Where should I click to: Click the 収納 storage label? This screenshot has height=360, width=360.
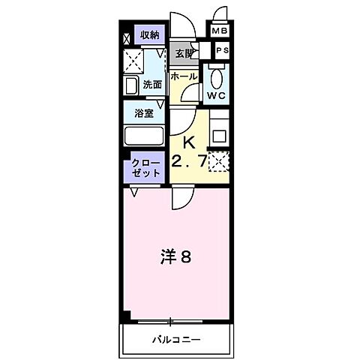point(149,35)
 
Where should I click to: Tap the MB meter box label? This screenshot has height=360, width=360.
point(220,31)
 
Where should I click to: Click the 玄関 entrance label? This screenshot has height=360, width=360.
point(184,53)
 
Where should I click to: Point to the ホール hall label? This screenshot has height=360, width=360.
point(184,76)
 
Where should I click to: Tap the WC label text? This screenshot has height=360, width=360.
point(217,96)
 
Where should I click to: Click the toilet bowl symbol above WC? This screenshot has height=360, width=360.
point(216,78)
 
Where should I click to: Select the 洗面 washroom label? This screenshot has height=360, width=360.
point(152,85)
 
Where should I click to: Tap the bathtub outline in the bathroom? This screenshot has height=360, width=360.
point(144,138)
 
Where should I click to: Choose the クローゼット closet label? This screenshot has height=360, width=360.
point(145,167)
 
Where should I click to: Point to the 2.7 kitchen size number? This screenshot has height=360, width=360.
point(188,160)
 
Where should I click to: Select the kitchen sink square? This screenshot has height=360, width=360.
point(219,136)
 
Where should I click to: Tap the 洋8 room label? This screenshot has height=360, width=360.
point(177,257)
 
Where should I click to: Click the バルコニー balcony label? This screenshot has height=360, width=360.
point(173,339)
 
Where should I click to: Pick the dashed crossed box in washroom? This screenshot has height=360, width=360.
point(135,59)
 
